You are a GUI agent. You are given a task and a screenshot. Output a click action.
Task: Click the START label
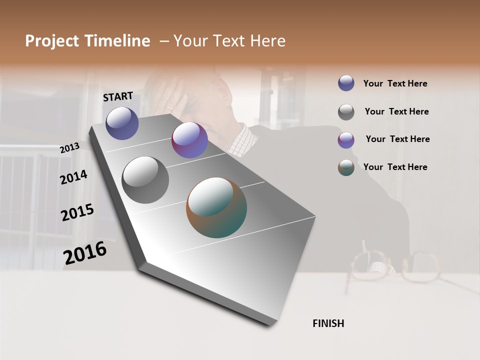pos(118,96)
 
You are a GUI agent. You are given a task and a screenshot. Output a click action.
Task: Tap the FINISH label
pos(328,323)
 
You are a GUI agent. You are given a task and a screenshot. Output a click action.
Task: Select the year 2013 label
pos(70,148)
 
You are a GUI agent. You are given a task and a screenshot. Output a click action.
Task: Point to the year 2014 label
pos(73,177)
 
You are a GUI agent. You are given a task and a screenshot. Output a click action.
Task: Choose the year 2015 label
pos(77,212)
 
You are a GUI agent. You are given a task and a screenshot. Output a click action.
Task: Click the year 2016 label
pos(85,252)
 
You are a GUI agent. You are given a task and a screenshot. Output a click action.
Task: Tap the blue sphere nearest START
pos(122,123)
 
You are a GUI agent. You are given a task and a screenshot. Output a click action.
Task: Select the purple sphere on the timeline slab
pos(189,140)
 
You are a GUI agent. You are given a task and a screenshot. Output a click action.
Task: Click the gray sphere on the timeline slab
pos(145,180)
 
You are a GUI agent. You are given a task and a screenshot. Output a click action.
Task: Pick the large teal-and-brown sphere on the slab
pos(216,207)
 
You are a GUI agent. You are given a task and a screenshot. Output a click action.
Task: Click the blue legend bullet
pos(346,83)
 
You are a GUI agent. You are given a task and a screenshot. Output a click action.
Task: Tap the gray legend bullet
pos(346,111)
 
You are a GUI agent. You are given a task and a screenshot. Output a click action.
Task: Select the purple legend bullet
pos(346,139)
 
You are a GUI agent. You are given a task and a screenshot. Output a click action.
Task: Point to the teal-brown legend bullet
pos(346,167)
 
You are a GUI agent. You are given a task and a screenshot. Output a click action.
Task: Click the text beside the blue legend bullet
pos(395,83)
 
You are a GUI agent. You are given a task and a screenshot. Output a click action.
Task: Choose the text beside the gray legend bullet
pos(396,111)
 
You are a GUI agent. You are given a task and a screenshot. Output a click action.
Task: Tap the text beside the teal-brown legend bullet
pos(395,167)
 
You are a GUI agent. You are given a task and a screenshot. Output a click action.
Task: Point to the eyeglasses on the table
pos(395,267)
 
